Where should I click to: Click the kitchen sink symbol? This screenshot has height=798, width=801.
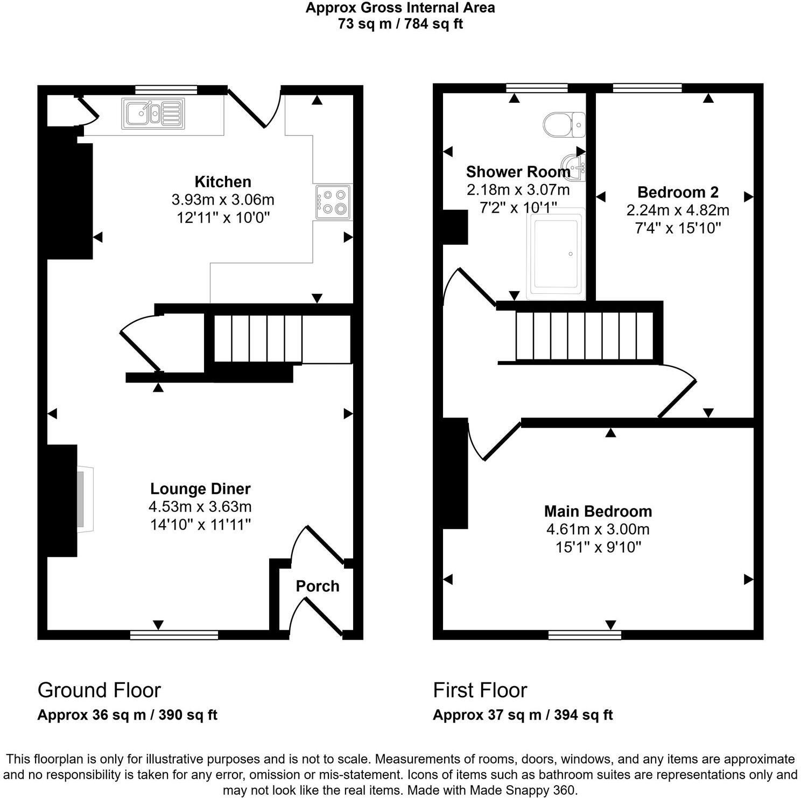153,114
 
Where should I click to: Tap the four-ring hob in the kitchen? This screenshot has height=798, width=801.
333,202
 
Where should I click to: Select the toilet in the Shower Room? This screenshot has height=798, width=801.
563,125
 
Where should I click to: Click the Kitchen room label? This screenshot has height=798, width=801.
223,182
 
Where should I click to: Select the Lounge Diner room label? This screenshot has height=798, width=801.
200,489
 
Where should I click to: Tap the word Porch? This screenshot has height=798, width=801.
317,586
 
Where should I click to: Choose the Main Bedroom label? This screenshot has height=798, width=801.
598,511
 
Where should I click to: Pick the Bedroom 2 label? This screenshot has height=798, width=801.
678,192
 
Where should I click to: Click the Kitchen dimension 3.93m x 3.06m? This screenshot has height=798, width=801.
223,200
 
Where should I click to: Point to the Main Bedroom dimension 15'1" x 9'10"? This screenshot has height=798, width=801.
598,547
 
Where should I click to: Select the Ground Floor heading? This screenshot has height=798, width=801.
99,690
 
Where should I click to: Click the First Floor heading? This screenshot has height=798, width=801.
480,690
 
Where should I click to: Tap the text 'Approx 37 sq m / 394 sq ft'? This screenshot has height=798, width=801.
522,715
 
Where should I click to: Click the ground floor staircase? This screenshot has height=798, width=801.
258,338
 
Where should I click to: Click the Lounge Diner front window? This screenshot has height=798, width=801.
174,635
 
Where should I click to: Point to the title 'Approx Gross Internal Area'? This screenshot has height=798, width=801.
400,8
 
